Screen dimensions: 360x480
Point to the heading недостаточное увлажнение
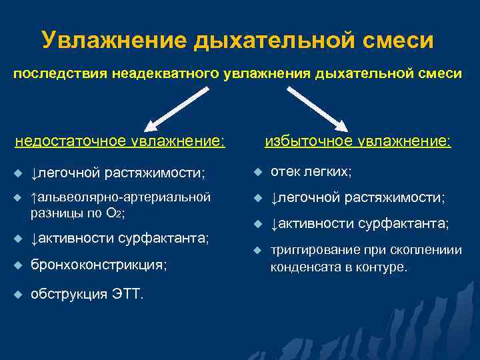tap(120, 141)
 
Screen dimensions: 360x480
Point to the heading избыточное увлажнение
tap(358, 141)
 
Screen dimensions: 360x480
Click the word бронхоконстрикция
tap(98, 265)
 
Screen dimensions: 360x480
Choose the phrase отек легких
tap(311, 172)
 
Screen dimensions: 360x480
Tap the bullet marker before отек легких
tap(257, 173)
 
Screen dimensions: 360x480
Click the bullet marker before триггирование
tap(257, 251)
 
